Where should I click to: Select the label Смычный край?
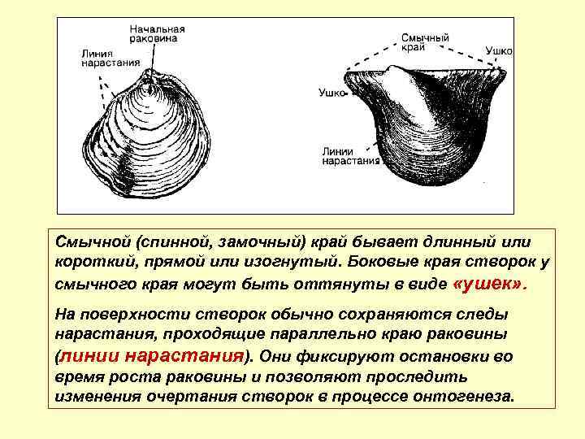pyautogui.click(x=426, y=43)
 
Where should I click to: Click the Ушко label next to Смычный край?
pyautogui.click(x=499, y=50)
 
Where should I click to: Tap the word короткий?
pyautogui.click(x=94, y=263)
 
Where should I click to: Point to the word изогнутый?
pyautogui.click(x=284, y=263)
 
